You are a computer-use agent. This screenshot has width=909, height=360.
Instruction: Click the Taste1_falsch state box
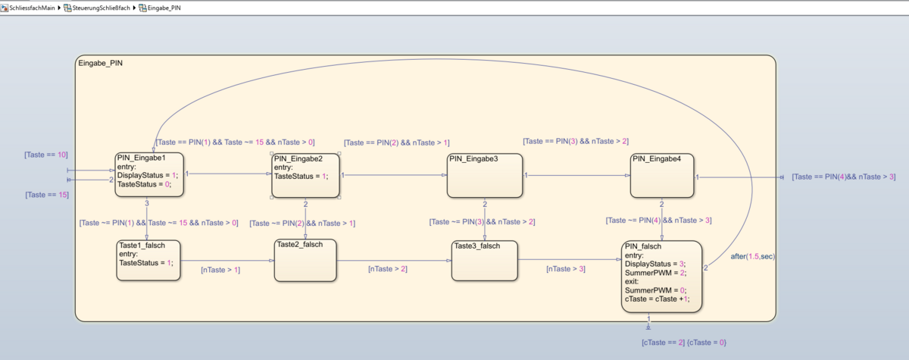pos(148,261)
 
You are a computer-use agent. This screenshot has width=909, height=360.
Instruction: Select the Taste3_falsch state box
pos(484,261)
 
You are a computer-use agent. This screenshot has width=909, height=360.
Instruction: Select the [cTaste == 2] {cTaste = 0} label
pos(683,343)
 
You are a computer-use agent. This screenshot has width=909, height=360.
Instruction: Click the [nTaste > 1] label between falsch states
pos(220,270)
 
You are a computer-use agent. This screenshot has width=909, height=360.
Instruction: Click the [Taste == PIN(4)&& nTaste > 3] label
pos(843,177)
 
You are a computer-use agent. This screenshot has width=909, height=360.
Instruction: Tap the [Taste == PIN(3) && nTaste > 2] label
pos(575,141)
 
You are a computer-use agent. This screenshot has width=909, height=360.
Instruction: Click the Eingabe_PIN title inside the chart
pos(100,63)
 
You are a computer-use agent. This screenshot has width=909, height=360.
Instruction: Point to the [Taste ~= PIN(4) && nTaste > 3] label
pos(658,221)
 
